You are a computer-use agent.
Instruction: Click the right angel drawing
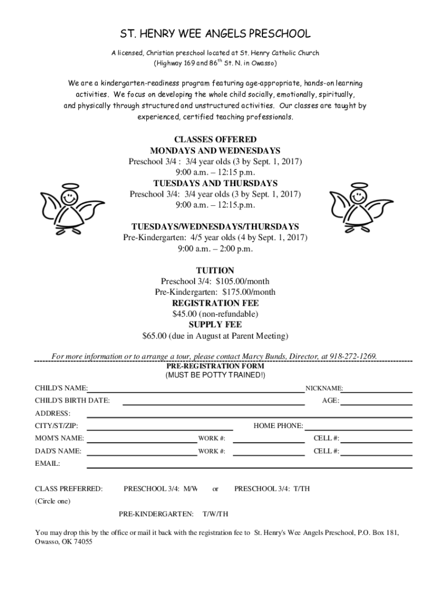click(x=360, y=209)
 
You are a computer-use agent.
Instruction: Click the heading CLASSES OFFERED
click(x=215, y=140)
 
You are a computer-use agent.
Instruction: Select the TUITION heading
click(x=215, y=270)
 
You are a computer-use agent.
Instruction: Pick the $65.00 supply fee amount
click(x=154, y=336)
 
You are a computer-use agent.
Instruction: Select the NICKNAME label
click(x=324, y=388)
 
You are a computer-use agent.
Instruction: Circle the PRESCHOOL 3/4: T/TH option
click(x=272, y=489)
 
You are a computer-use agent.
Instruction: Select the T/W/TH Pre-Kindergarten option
click(x=215, y=514)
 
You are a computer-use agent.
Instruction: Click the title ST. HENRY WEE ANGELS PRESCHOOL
click(x=215, y=34)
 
